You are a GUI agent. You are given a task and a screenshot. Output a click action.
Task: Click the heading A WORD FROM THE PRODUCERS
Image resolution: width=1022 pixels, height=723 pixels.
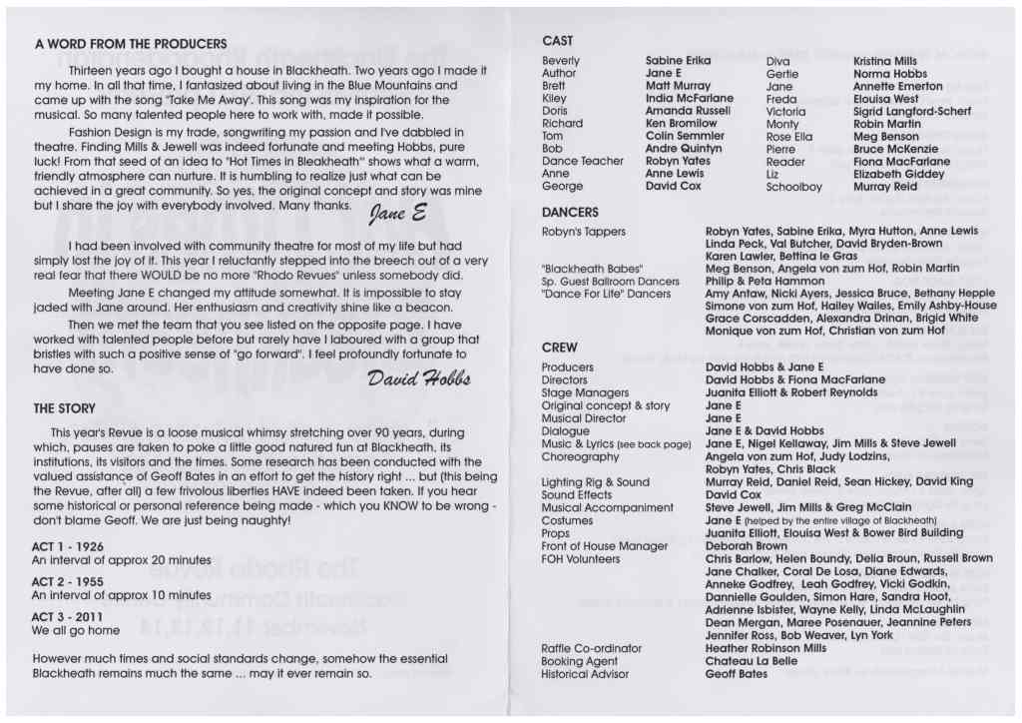131,44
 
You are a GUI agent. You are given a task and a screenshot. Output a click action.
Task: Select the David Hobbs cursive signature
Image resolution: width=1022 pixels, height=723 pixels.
418,379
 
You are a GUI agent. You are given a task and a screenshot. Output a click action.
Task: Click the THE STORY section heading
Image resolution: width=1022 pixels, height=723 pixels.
64,408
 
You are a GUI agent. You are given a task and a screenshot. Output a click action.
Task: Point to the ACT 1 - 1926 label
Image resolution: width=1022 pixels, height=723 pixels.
67,547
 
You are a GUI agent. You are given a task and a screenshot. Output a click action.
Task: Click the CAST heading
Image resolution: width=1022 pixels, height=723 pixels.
557,41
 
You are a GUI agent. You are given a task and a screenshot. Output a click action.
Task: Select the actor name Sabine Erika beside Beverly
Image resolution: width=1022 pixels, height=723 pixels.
678,61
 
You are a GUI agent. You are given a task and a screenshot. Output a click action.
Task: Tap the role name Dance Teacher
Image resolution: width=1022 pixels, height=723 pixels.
582,161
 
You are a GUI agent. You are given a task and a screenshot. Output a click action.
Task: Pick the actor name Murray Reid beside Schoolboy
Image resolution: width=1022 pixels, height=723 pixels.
885,187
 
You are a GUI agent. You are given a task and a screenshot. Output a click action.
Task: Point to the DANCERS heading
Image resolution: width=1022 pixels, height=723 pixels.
570,213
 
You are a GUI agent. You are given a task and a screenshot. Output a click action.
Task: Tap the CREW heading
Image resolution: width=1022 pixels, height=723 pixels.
559,348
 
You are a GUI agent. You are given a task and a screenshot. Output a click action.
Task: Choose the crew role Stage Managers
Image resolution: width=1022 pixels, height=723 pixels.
585,392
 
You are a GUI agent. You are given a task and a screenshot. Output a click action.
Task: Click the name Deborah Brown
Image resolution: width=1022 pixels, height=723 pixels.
746,546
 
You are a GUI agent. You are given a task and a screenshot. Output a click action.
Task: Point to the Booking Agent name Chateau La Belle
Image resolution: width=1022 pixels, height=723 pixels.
751,661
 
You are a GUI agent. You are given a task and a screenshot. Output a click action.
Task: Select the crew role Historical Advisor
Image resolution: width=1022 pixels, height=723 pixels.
585,674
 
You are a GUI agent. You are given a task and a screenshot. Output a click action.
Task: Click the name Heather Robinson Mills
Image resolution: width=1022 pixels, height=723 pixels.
766,648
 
